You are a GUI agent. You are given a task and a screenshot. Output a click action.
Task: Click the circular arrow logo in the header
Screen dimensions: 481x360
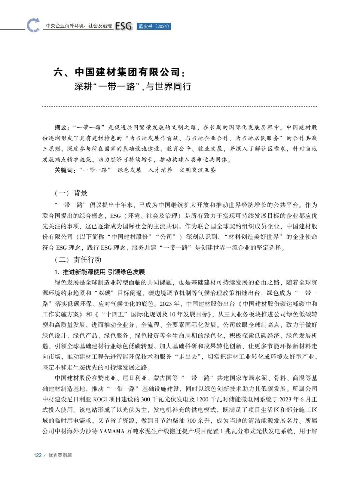pyautogui.click(x=33, y=25)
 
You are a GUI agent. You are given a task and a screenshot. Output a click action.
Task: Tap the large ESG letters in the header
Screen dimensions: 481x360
pyautogui.click(x=124, y=26)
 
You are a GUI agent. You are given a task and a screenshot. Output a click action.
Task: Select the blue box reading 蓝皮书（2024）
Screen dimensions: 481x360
pyautogui.click(x=154, y=26)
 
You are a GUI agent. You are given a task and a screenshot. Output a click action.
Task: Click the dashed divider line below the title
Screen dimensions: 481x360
pyautogui.click(x=180, y=106)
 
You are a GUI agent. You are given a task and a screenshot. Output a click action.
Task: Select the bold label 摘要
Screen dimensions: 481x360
pyautogui.click(x=61, y=127)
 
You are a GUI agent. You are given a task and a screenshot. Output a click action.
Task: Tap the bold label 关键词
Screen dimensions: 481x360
pyautogui.click(x=64, y=170)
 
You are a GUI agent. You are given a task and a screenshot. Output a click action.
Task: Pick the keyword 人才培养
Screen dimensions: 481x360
pyautogui.click(x=160, y=170)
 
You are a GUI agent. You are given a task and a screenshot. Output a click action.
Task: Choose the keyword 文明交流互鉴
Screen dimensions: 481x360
pyautogui.click(x=198, y=170)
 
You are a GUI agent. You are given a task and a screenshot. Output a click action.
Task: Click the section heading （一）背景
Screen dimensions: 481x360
pyautogui.click(x=71, y=193)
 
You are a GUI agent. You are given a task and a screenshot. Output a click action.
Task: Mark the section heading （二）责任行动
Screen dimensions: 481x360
pyautogui.click(x=78, y=260)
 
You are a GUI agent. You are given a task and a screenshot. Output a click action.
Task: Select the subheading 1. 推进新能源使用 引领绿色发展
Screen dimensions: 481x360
pyautogui.click(x=100, y=272)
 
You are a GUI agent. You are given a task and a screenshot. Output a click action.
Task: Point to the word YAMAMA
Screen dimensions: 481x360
pyautogui.click(x=112, y=431)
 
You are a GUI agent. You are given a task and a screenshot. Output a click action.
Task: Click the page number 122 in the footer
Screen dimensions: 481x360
pyautogui.click(x=38, y=455)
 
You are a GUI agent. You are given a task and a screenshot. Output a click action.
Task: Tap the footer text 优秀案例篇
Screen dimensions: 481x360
pyautogui.click(x=60, y=455)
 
